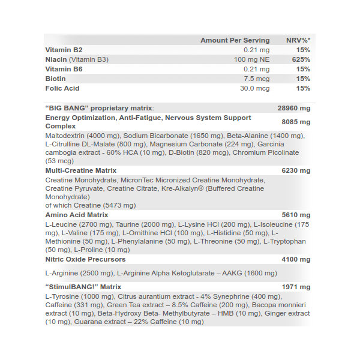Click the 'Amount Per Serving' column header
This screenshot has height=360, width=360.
click(x=235, y=40)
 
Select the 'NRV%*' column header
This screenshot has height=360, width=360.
click(x=298, y=40)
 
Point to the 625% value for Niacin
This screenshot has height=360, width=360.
click(x=302, y=59)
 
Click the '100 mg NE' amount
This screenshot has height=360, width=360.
click(x=251, y=59)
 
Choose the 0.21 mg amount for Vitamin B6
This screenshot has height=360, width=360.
click(x=257, y=69)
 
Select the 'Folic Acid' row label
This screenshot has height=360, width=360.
click(x=62, y=88)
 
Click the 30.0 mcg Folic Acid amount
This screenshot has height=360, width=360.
click(x=255, y=88)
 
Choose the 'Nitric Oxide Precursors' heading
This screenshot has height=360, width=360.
click(x=86, y=259)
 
